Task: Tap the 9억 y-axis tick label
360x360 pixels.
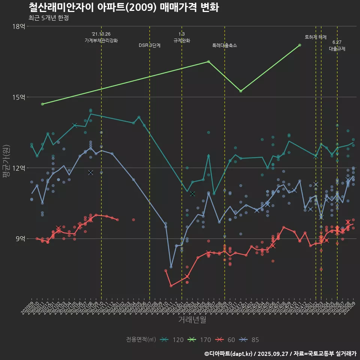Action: point(21,238)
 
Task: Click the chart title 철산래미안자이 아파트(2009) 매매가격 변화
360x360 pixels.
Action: point(124,7)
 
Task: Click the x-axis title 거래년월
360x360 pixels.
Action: point(192,320)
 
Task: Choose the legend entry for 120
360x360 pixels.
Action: point(172,340)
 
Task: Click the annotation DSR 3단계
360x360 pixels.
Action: point(150,45)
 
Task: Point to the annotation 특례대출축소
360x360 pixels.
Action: point(225,45)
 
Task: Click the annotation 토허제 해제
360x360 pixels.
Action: point(316,37)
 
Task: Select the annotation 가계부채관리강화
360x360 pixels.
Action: point(101,40)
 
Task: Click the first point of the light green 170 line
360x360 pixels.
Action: point(42,104)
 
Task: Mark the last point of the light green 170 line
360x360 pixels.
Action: point(300,45)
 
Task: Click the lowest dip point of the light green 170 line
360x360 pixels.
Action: point(241,91)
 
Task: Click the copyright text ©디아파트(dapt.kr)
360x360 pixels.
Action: point(229,353)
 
